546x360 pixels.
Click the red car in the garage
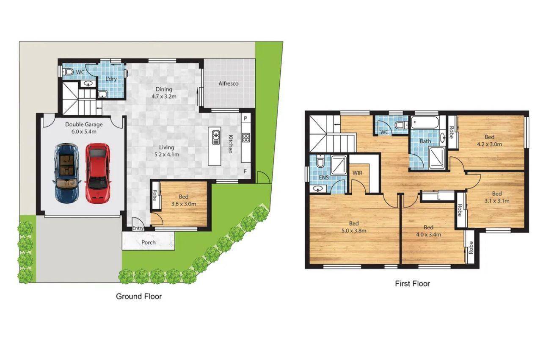(x=98, y=173)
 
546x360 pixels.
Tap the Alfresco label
(x=229, y=83)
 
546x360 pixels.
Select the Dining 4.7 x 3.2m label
(x=164, y=93)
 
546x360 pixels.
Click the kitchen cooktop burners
(x=245, y=137)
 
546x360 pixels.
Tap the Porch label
(x=148, y=243)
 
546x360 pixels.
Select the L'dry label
(x=111, y=79)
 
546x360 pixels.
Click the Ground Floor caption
(x=139, y=296)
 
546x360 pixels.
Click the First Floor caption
(x=412, y=284)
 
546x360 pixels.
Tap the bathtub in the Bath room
(x=425, y=123)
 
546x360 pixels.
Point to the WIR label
(x=358, y=173)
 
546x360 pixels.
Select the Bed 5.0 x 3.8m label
(x=354, y=227)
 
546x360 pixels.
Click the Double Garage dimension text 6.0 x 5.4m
(x=84, y=132)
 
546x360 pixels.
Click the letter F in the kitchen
(x=245, y=171)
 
